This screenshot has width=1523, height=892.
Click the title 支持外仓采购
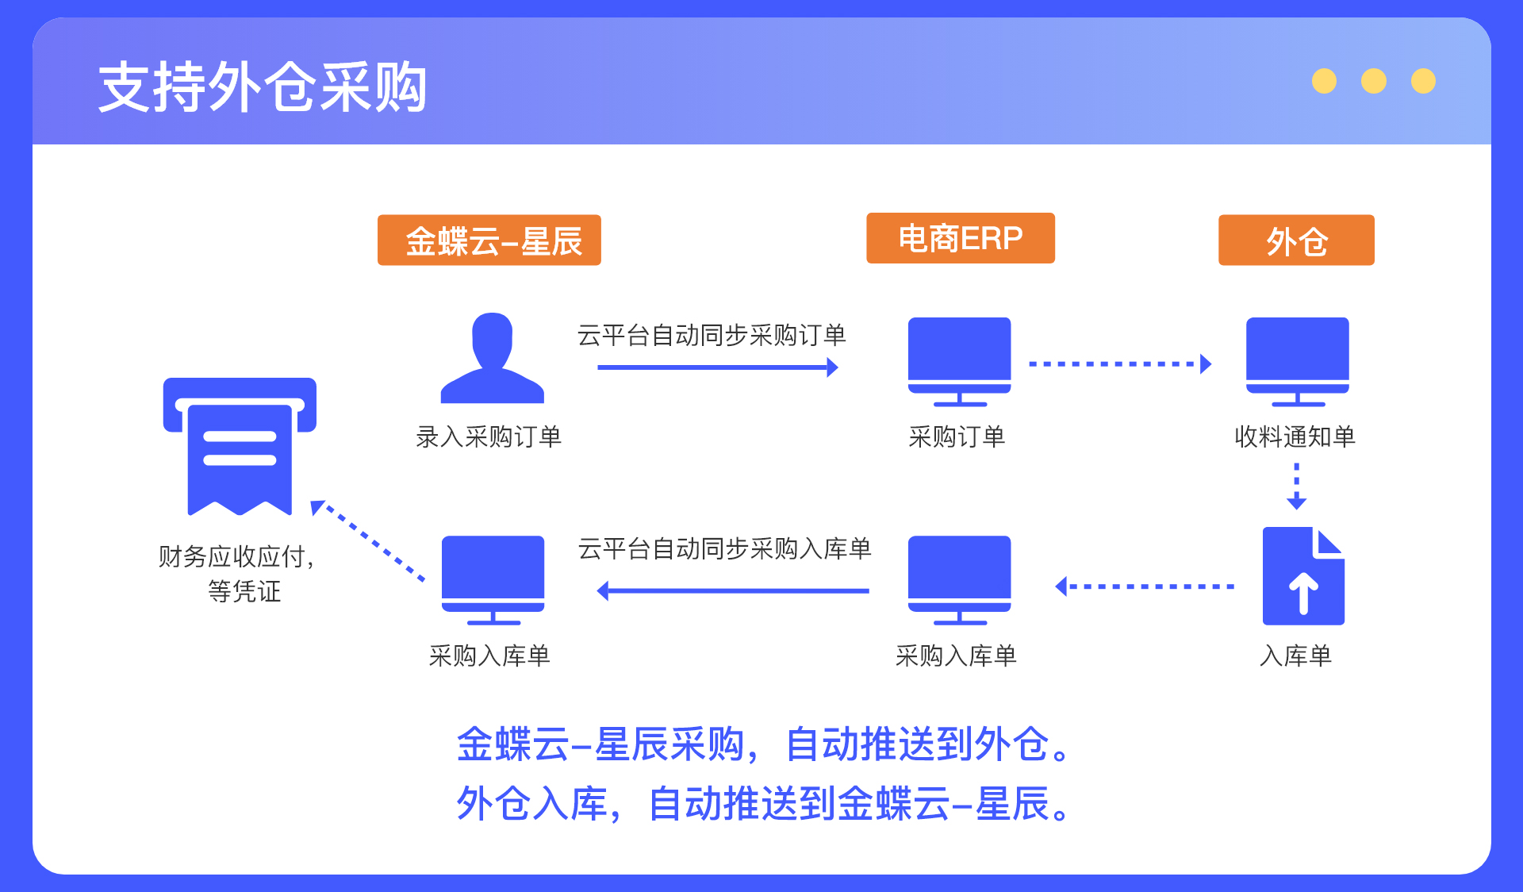click(263, 87)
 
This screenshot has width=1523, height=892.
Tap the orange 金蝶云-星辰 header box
click(489, 240)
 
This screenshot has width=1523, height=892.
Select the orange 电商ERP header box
click(961, 238)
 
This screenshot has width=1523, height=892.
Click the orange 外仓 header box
click(1296, 240)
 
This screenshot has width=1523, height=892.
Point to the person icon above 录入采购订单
click(492, 358)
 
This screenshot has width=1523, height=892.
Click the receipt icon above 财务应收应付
click(240, 447)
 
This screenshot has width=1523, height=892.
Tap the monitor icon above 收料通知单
click(1298, 362)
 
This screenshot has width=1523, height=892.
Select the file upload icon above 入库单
click(1303, 576)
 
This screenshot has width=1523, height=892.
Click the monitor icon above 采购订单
click(960, 362)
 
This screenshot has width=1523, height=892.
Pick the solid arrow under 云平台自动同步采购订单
click(718, 367)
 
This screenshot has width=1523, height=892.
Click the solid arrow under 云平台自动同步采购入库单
click(733, 590)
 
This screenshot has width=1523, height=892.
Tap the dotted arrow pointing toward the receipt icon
click(367, 541)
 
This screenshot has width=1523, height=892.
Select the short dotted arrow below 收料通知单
click(1297, 486)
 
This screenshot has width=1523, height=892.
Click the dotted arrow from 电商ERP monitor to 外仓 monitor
click(1120, 364)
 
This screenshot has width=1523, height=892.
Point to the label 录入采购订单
click(489, 436)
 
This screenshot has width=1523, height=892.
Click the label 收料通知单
click(1295, 436)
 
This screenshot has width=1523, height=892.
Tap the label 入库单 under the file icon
click(1296, 656)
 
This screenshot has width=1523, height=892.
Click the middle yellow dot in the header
click(1374, 81)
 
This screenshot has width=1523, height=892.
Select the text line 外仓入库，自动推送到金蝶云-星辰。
click(766, 803)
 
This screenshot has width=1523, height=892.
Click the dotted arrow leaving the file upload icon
click(1145, 586)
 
